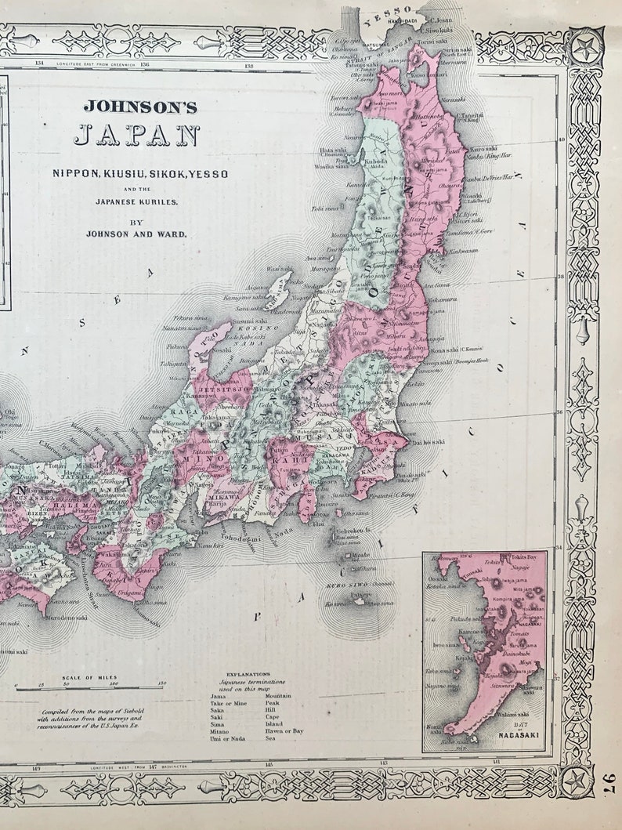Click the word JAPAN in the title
click(136, 136)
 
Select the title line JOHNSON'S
click(140, 106)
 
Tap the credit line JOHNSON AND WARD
click(136, 233)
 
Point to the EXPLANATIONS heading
click(248, 673)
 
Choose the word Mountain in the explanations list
click(278, 695)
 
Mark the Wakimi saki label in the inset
click(513, 714)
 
